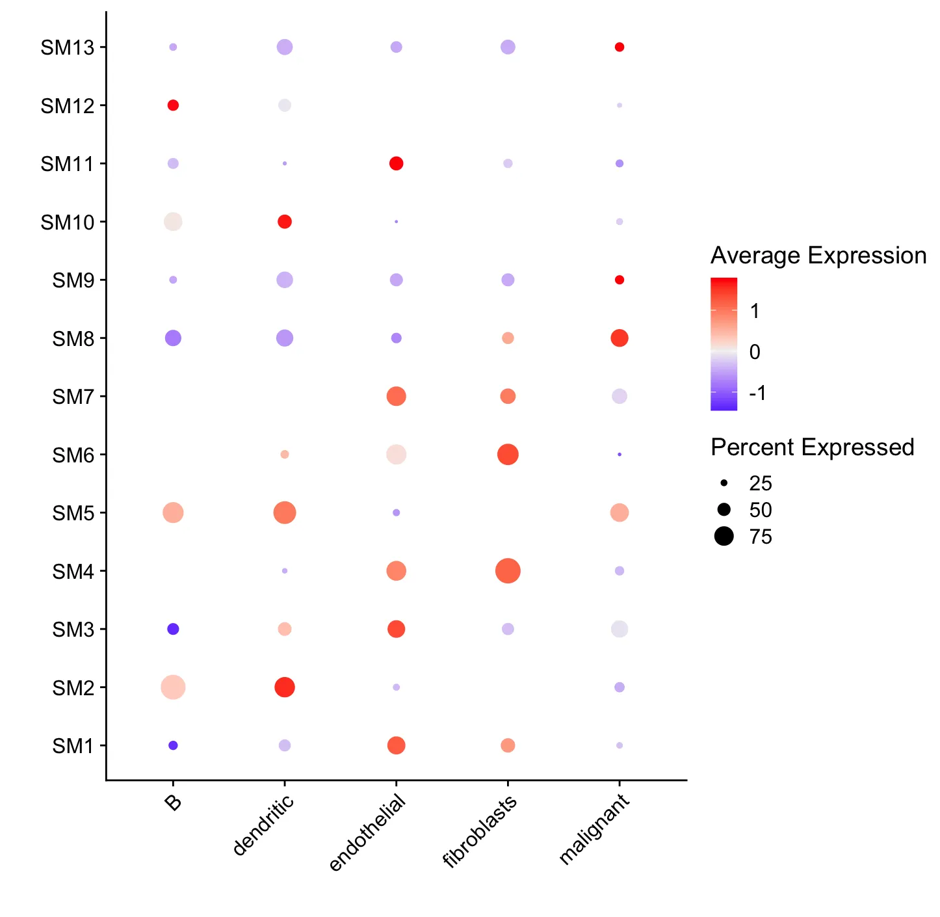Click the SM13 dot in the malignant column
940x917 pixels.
620,47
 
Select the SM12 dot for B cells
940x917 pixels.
173,105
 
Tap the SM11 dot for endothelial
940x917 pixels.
396,163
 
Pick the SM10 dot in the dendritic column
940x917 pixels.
285,222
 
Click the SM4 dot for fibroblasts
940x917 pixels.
508,571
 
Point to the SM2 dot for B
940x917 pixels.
173,687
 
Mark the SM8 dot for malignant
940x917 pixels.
620,338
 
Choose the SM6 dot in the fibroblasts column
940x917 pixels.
508,455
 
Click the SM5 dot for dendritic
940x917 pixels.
285,512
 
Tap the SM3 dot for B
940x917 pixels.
173,629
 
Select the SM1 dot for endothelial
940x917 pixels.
396,745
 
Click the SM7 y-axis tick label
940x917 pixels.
73,397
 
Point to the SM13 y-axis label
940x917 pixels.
67,47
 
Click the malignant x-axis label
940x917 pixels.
595,829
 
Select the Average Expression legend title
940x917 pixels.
818,256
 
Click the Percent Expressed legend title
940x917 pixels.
813,447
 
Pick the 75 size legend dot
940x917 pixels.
724,537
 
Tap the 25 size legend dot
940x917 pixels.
724,483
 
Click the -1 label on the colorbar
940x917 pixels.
757,393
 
